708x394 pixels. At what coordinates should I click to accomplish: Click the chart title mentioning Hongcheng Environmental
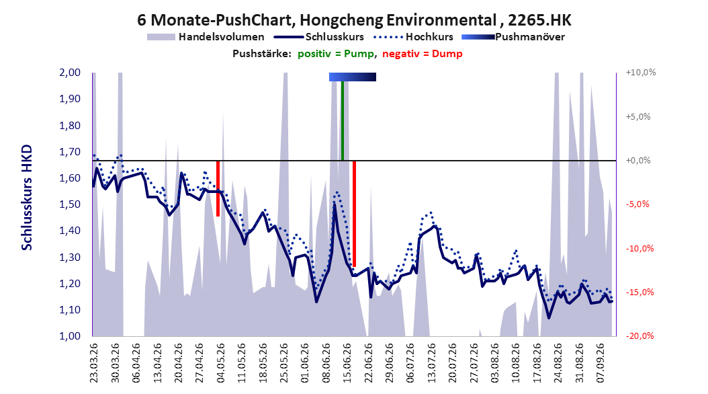click(354, 20)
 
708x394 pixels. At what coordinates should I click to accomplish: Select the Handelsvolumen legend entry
click(206, 37)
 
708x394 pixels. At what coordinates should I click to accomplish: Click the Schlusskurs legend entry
click(319, 37)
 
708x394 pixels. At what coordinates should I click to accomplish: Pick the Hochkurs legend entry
click(412, 37)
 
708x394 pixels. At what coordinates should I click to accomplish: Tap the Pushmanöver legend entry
click(513, 37)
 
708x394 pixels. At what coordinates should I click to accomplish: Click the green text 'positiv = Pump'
click(336, 54)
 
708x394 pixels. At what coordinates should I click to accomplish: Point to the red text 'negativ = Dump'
click(423, 54)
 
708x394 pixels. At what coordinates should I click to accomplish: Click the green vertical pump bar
click(343, 120)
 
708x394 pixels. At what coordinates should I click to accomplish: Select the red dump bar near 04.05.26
click(218, 188)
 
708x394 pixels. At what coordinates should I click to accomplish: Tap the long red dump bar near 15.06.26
click(354, 214)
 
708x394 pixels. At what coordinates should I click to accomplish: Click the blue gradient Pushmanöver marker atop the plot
click(352, 77)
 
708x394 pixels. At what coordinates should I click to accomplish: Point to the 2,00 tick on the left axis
click(70, 73)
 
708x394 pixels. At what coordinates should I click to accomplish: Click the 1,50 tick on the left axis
click(70, 204)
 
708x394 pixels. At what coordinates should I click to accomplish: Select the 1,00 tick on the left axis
click(70, 336)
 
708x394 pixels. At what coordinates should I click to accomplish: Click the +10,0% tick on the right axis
click(641, 73)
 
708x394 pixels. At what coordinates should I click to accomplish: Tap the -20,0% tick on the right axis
click(639, 336)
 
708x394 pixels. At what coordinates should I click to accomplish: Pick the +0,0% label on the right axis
click(638, 161)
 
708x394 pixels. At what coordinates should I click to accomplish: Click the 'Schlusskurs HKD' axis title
click(27, 198)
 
